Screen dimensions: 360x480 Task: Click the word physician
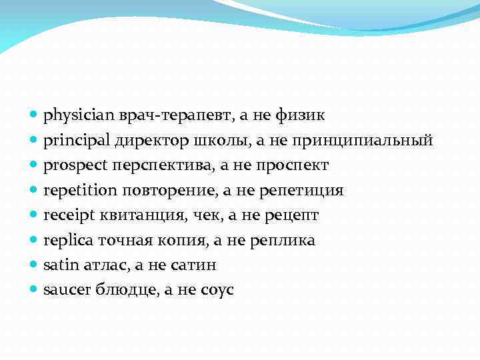click(70, 116)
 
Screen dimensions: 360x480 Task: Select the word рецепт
click(294, 215)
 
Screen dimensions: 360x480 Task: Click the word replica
click(63, 240)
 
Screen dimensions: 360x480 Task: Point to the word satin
click(57, 265)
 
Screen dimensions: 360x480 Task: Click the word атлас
click(105, 265)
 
